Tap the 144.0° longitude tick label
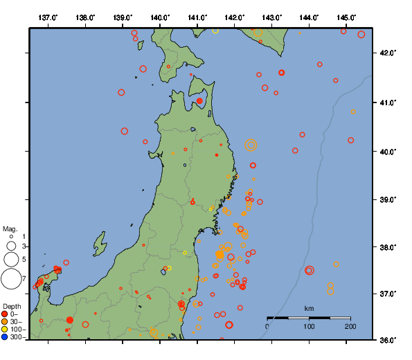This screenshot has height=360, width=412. click(309, 17)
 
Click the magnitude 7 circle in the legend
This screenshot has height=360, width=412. click(11, 279)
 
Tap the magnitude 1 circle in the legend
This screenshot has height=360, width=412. click(11, 237)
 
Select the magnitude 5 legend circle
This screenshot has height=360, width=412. click(11, 260)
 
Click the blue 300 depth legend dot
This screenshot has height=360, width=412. click(5, 337)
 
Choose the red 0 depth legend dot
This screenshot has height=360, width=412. click(5, 314)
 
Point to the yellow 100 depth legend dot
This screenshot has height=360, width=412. click(5, 330)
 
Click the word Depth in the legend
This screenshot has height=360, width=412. click(12, 306)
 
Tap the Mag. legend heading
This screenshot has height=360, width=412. click(10, 228)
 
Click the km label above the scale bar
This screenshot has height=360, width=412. click(310, 308)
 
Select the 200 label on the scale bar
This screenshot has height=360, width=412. click(350, 326)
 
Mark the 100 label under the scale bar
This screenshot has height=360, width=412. click(309, 326)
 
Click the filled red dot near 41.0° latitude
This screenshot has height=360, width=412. click(199, 101)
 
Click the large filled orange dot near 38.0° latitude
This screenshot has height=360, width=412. click(220, 254)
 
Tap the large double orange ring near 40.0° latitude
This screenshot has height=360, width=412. click(251, 145)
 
